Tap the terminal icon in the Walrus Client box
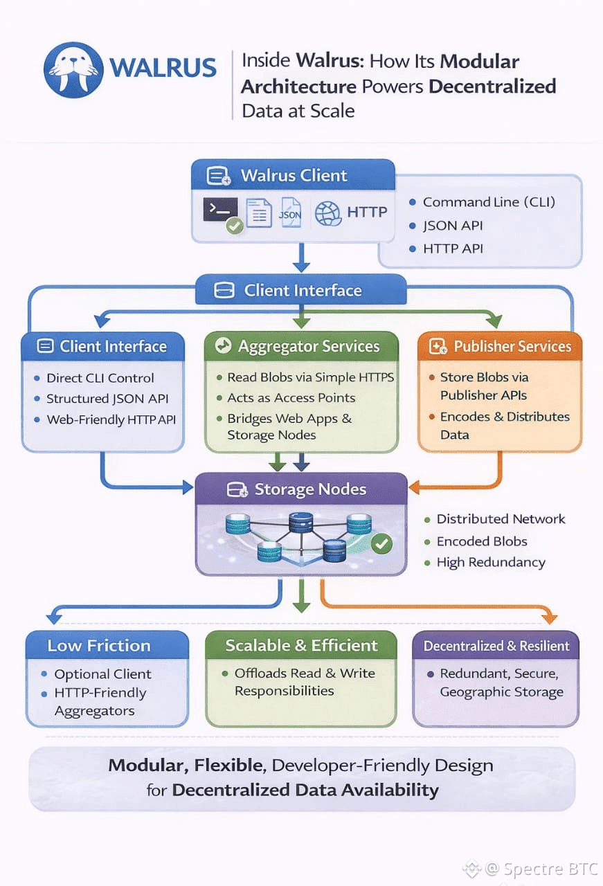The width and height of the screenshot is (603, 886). pyautogui.click(x=221, y=210)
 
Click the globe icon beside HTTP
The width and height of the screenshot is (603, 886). pyautogui.click(x=327, y=213)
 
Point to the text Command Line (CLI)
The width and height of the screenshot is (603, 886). pyautogui.click(x=489, y=202)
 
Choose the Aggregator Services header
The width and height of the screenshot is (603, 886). pyautogui.click(x=301, y=346)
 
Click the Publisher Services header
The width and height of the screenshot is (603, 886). pyautogui.click(x=500, y=347)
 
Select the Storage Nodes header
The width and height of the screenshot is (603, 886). pyautogui.click(x=301, y=489)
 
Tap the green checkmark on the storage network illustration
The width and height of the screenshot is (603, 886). pyautogui.click(x=381, y=543)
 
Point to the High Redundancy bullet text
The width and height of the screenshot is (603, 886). pyautogui.click(x=490, y=562)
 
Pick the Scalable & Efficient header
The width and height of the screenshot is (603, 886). pyautogui.click(x=301, y=645)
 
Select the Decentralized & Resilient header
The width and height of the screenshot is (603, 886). pyautogui.click(x=496, y=646)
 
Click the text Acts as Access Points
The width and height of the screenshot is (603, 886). pyautogui.click(x=291, y=398)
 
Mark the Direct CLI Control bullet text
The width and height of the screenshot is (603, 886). pyautogui.click(x=100, y=378)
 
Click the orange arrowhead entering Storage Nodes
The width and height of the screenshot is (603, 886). pyautogui.click(x=414, y=488)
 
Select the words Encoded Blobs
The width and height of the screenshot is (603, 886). pyautogui.click(x=481, y=541)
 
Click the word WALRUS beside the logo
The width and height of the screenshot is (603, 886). pyautogui.click(x=163, y=69)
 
